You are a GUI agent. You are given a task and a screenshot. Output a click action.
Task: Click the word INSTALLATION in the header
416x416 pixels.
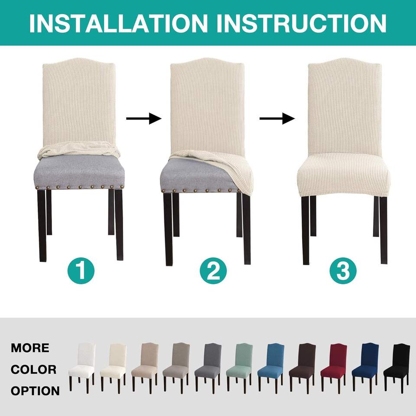(118, 23)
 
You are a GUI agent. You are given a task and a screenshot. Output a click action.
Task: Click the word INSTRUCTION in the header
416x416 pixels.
(302, 23)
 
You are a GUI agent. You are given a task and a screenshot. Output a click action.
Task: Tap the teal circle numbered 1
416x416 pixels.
(81, 270)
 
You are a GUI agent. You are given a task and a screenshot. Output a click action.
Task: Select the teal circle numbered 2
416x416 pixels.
(213, 270)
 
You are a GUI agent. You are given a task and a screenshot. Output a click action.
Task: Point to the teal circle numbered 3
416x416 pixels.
(343, 270)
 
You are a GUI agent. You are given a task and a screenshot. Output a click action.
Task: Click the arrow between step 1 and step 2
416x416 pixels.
(144, 118)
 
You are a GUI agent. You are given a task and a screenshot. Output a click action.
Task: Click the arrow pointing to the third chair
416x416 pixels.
(277, 118)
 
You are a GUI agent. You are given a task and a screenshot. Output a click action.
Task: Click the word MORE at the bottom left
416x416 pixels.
(30, 348)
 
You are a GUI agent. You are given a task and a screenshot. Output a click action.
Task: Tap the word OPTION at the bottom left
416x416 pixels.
(35, 391)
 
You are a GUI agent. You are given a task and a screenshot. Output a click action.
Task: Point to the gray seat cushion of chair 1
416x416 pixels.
(79, 172)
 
